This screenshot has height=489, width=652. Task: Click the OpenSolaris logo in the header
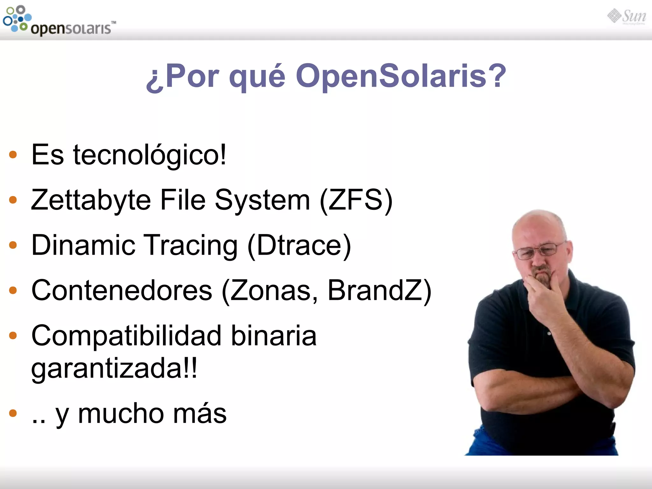click(59, 21)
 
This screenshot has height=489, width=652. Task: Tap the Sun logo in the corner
click(627, 17)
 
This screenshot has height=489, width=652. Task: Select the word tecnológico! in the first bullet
click(150, 155)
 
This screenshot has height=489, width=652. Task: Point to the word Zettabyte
click(91, 200)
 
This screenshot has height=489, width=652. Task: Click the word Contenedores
click(122, 290)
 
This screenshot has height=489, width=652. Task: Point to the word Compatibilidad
click(126, 336)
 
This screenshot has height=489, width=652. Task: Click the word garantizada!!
click(114, 368)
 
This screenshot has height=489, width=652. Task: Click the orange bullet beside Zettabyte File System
click(13, 200)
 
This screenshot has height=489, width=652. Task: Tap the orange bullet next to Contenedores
click(13, 290)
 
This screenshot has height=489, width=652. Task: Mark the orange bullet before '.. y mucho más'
click(13, 413)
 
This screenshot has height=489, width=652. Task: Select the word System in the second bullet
click(262, 200)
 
